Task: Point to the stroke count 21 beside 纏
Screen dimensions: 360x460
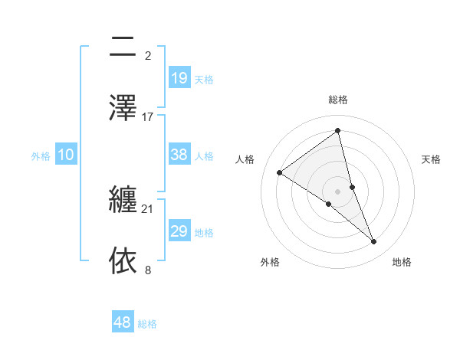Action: [148, 208]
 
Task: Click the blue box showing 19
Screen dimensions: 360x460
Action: [179, 79]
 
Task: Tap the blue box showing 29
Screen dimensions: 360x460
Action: [179, 232]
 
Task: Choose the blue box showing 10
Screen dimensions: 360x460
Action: [65, 155]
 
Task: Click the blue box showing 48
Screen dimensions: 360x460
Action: [122, 322]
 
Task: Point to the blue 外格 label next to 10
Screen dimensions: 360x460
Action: [41, 156]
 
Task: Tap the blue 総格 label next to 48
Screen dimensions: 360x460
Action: [147, 324]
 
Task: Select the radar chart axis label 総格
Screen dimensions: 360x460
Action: [338, 100]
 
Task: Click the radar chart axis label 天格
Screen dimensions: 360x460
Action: [432, 159]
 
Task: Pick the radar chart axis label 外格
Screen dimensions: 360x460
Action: [270, 262]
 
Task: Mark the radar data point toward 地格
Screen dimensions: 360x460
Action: [374, 242]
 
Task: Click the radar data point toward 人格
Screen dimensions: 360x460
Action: [280, 172]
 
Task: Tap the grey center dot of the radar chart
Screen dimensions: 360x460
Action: [338, 191]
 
